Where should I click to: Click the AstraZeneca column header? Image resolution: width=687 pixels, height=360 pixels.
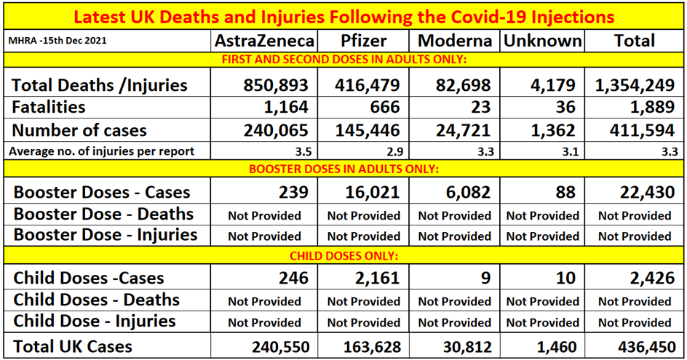point(263,41)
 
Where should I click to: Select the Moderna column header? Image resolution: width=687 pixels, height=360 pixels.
point(454,41)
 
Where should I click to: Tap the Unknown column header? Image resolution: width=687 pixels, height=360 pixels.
point(543,41)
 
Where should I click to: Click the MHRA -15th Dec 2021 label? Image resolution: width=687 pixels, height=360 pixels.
point(58,41)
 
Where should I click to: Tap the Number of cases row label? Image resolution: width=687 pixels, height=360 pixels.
point(79,130)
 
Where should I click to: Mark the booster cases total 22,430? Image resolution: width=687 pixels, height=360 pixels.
point(635,193)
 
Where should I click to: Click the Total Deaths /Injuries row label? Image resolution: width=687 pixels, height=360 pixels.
point(99,85)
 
